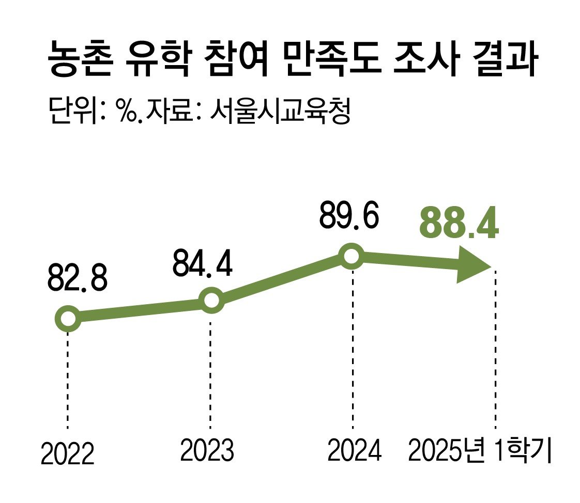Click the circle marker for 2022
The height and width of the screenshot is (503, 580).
[x=68, y=319]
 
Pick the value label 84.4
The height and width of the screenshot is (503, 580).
[x=202, y=264]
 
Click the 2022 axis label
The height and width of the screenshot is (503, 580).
[x=68, y=454]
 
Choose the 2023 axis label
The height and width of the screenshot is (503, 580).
[x=207, y=450]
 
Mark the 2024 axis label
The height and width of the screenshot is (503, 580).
[x=355, y=450]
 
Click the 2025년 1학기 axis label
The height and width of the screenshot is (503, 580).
[x=480, y=450]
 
